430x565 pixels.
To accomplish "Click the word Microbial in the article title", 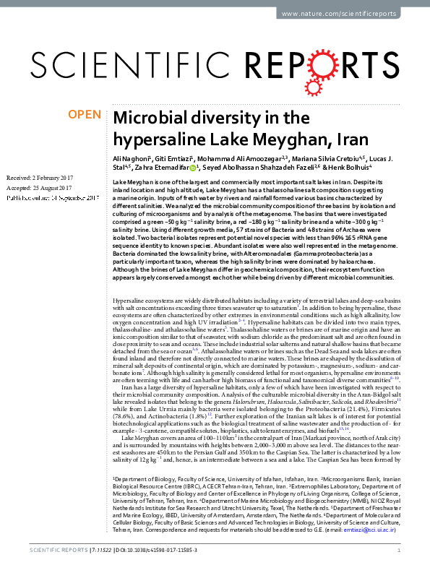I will click(148, 118).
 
